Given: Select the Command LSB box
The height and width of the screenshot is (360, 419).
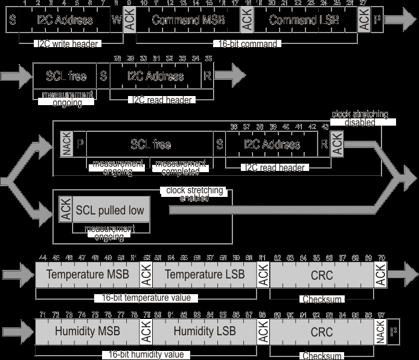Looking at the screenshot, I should [x=304, y=21].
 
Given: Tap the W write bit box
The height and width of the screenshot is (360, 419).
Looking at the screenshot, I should [x=117, y=21].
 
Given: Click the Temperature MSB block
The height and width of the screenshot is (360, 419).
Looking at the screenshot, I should [x=88, y=275].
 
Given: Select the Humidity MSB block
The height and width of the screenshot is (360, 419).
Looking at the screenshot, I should [x=88, y=332].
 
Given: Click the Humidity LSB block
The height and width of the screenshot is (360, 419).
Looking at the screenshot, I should [x=202, y=332].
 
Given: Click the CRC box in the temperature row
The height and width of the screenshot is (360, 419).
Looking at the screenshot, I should [x=322, y=275].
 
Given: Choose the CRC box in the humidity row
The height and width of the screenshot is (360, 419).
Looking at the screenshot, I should [x=322, y=332].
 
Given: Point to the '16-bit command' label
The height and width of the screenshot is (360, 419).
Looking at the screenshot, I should [x=246, y=43].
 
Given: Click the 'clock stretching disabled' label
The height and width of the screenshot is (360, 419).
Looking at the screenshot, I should [x=360, y=118].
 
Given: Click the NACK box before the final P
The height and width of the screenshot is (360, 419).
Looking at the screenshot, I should [x=380, y=332].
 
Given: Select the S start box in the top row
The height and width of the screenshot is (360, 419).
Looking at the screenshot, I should [x=12, y=21].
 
